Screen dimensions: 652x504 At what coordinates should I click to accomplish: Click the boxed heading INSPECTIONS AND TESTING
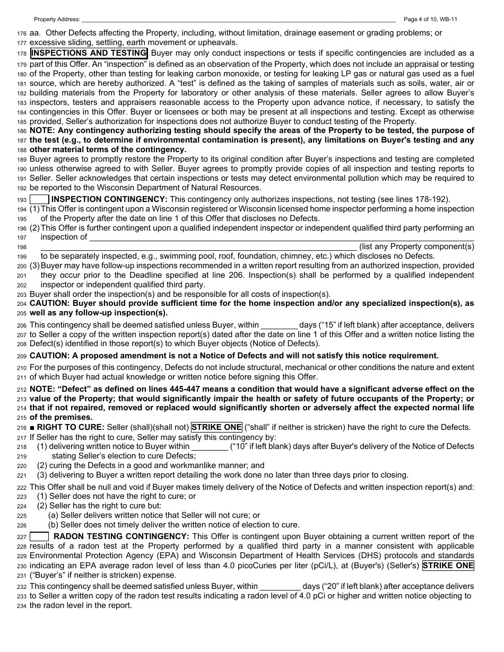[89, 53]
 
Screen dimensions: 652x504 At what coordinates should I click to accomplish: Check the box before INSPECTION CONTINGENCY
[39, 199]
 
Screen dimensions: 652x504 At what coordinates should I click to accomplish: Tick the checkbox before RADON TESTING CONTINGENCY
[39, 536]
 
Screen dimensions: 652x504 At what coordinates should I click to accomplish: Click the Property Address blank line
[238, 20]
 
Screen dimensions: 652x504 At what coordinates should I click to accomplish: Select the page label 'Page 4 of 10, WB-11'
[430, 20]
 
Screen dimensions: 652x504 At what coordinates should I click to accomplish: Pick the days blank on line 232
[280, 586]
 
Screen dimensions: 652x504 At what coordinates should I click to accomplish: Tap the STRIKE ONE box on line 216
[216, 427]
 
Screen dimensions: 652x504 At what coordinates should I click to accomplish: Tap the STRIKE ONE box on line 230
[448, 566]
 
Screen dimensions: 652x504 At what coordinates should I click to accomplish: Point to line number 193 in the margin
[21, 200]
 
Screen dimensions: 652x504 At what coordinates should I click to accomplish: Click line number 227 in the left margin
[21, 537]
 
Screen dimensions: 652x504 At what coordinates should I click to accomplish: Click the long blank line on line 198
[198, 247]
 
